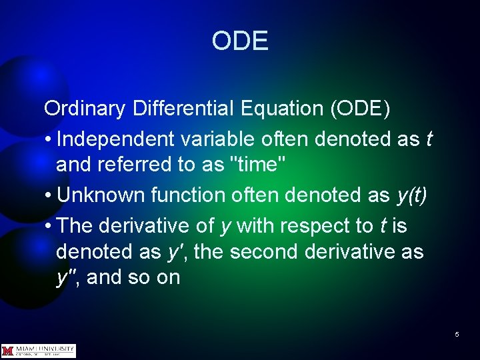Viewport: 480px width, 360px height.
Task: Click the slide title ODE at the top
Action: point(240,41)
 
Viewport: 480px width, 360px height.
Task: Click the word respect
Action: point(316,227)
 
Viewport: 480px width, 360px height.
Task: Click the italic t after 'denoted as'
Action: point(429,139)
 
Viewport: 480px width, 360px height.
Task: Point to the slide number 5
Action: point(457,334)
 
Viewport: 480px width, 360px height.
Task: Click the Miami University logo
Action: point(39,350)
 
